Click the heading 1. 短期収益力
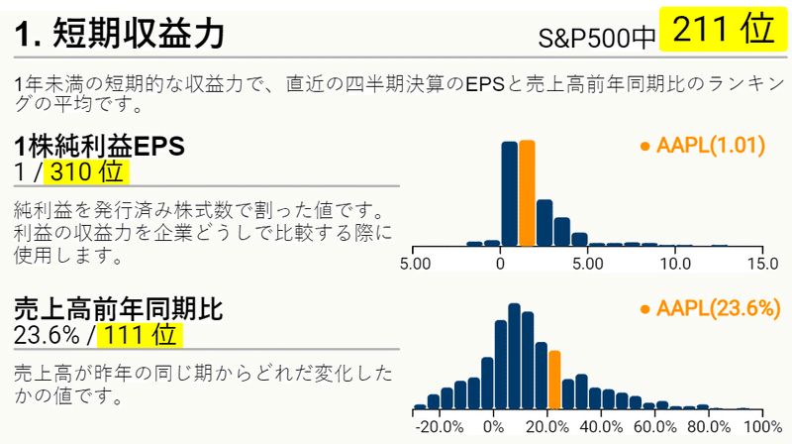click(x=119, y=34)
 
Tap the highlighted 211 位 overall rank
click(x=724, y=30)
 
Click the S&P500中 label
click(x=597, y=38)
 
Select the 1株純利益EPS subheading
click(x=100, y=147)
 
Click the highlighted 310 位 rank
click(x=86, y=171)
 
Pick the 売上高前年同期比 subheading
click(x=118, y=309)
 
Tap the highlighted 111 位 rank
click(x=140, y=335)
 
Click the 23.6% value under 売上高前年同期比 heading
click(x=47, y=335)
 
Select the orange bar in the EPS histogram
click(x=527, y=193)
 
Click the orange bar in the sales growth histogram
click(x=554, y=380)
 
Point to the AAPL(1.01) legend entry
click(x=703, y=146)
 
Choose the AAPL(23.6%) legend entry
click(x=710, y=308)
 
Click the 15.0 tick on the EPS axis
click(x=762, y=264)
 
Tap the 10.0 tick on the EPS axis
click(x=676, y=264)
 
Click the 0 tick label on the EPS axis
click(x=500, y=264)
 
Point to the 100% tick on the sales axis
click(x=763, y=427)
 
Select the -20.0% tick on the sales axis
click(x=440, y=427)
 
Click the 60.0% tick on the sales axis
click(x=655, y=427)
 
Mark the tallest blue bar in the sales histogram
click(x=514, y=356)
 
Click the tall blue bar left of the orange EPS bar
click(x=510, y=193)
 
